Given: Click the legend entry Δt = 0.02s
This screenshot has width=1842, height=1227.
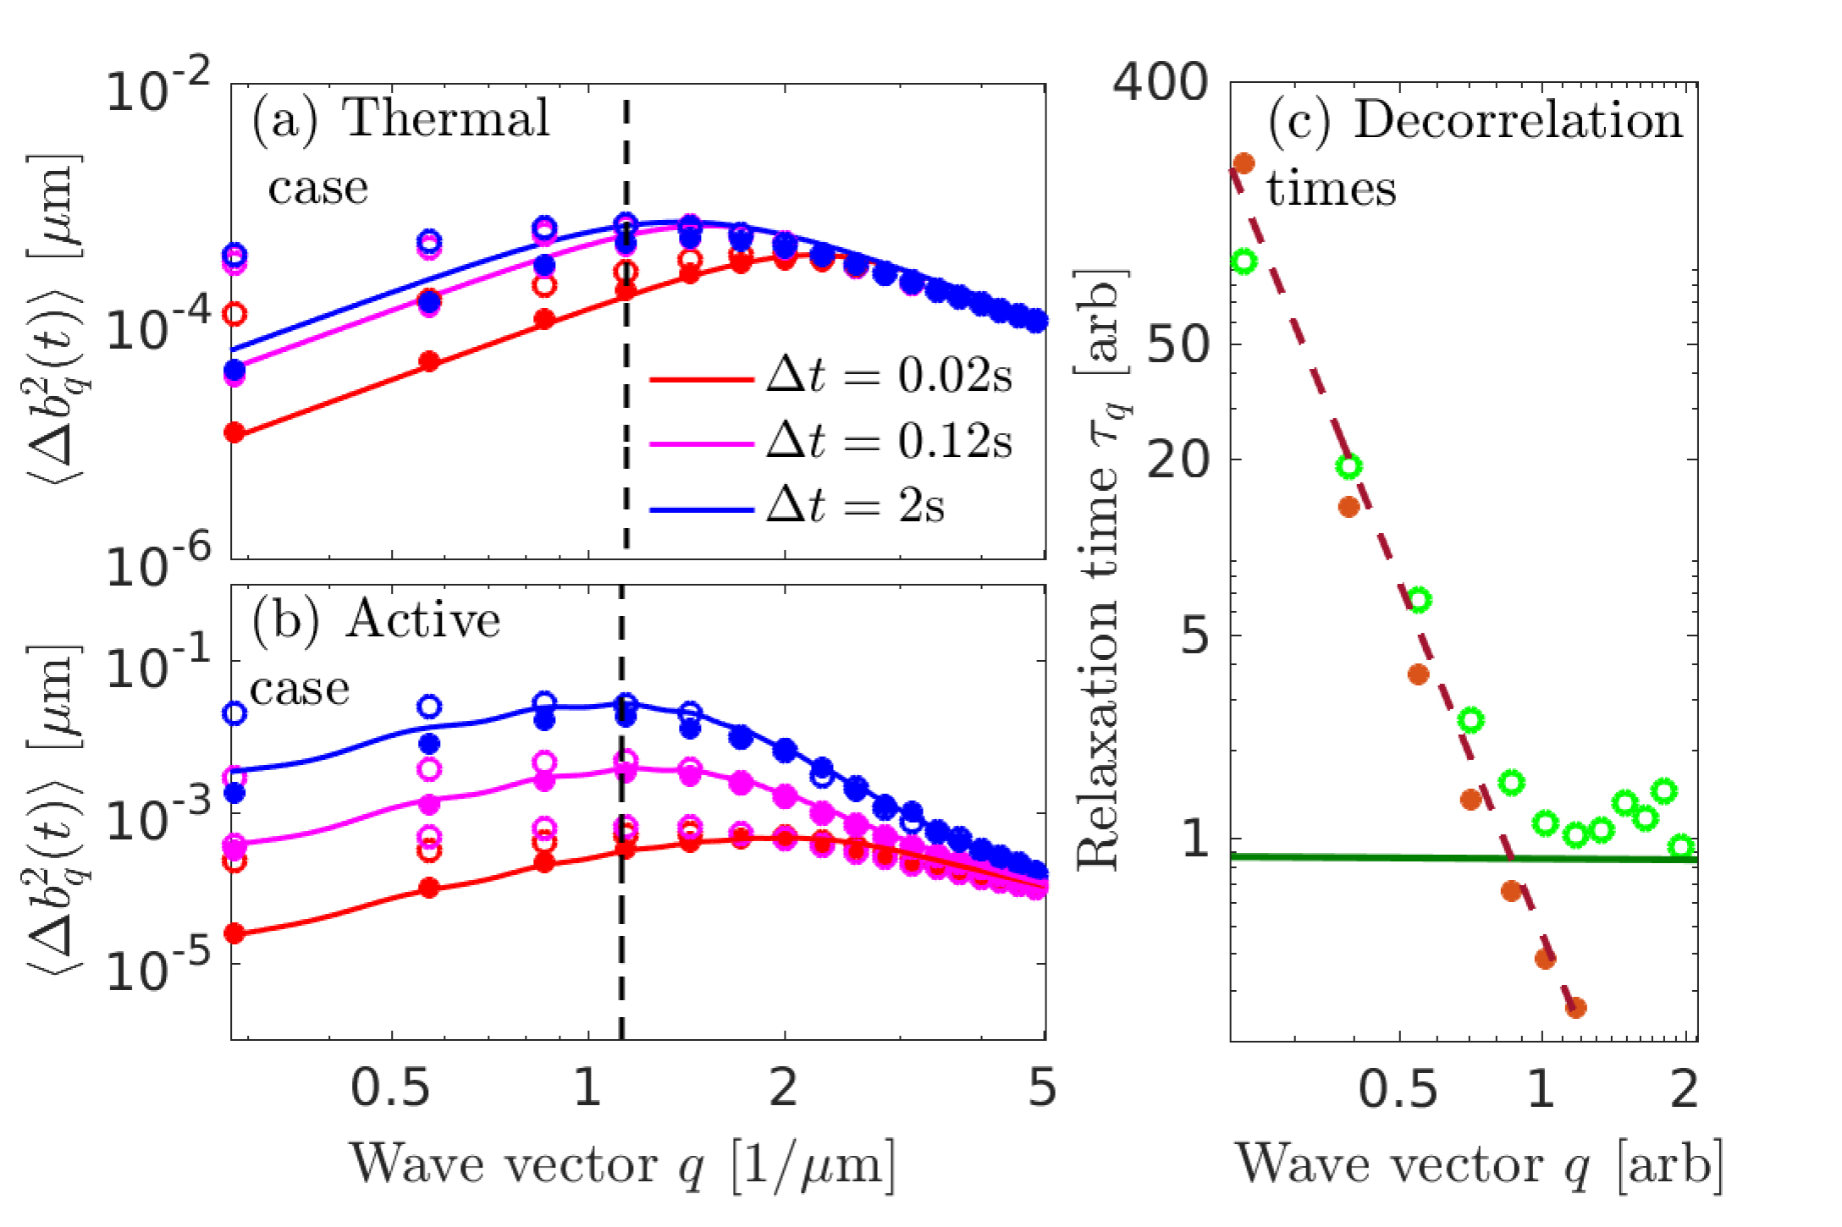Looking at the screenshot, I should [888, 377].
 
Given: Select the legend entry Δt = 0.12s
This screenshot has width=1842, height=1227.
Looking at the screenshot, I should [888, 441].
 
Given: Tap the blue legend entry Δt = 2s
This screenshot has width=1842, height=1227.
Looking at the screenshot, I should [855, 506].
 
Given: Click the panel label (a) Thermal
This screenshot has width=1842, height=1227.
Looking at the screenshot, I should [401, 118].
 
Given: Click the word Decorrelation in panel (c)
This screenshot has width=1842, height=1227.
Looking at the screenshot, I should [1518, 120].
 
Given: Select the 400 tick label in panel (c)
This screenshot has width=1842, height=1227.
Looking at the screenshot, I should [1160, 85].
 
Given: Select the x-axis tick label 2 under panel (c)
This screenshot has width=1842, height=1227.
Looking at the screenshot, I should [1685, 1088].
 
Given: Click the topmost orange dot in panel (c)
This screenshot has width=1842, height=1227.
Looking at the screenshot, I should [1244, 162].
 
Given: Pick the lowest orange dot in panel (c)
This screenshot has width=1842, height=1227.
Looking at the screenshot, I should [1575, 1008].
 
